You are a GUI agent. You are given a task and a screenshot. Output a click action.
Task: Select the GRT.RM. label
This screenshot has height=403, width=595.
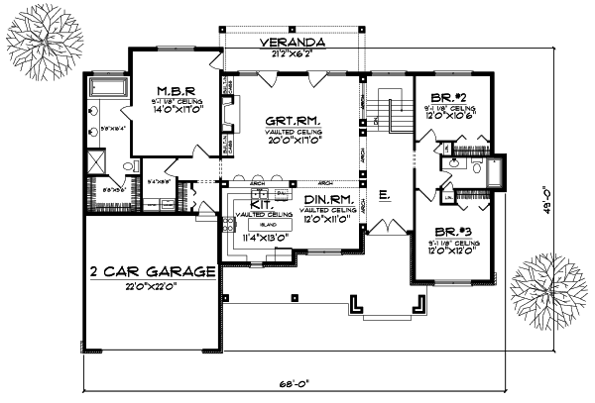296,124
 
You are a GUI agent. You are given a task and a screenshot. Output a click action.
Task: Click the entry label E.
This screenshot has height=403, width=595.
384,196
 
